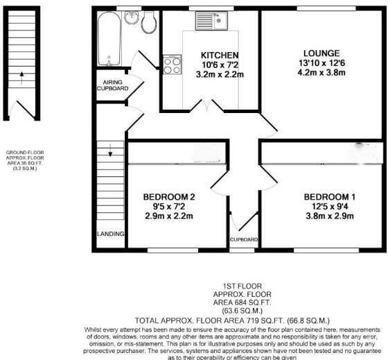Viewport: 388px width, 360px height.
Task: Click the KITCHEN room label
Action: point(220,55)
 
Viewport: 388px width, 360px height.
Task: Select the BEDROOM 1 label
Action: point(329,196)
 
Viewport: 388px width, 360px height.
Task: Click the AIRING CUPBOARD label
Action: point(112,85)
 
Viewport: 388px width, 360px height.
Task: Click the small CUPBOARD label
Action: point(243,240)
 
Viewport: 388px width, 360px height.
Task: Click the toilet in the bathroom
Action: point(148,23)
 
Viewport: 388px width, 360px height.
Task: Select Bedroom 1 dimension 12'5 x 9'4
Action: point(329,206)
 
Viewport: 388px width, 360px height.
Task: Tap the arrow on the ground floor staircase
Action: point(21,74)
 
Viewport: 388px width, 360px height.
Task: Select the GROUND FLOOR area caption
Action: point(21,160)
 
